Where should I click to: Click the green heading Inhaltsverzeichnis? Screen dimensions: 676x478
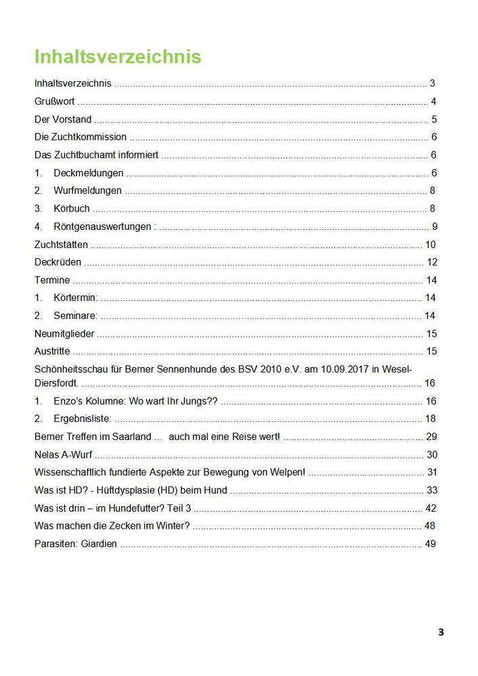point(118,56)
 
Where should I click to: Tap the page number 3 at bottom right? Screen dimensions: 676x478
point(441,633)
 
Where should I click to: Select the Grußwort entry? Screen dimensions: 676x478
point(54,102)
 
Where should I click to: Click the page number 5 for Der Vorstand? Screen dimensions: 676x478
point(433,120)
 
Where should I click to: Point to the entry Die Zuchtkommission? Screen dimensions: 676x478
point(80,137)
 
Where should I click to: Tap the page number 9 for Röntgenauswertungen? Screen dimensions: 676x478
point(434,226)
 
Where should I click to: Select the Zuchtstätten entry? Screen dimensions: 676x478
point(61,244)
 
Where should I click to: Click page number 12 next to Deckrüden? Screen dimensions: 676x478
point(432,262)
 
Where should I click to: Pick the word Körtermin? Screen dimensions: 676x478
point(75,297)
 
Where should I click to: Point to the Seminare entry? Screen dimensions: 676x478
point(75,315)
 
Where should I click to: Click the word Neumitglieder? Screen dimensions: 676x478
point(64,333)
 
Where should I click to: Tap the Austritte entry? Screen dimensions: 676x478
point(51,351)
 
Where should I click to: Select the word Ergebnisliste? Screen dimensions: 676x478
point(82,418)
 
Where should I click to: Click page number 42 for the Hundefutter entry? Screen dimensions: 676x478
point(431,508)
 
